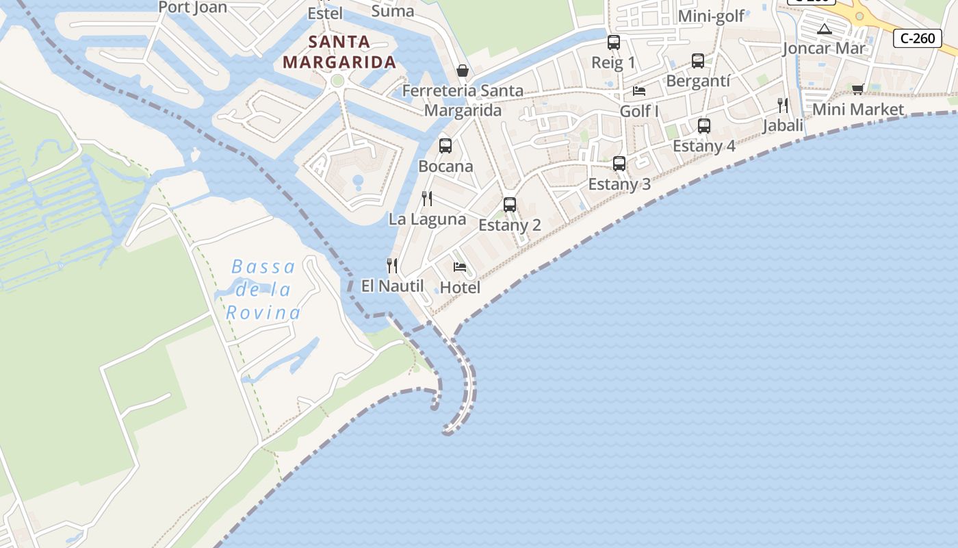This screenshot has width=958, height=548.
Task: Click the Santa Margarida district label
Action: pos(339,52)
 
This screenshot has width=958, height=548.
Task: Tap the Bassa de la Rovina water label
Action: pos(263,290)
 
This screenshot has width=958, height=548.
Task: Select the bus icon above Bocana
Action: pos(445,145)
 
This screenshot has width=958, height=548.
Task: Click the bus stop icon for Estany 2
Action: pos(510,204)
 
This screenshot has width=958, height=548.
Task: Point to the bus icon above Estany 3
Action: pos(619,163)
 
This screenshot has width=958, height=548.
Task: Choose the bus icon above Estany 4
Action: pos(704,125)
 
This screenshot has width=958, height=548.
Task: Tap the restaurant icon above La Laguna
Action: pos(427,199)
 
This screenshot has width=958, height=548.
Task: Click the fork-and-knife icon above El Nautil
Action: pos(392,265)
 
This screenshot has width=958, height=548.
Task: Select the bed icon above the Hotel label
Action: pos(460,266)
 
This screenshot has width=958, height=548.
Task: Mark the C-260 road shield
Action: pos(918,38)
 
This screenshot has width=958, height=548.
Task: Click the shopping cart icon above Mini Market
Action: pos(858,89)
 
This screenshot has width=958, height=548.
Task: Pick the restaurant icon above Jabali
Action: pos(783,105)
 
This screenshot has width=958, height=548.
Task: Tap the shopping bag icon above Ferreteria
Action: pos(463,71)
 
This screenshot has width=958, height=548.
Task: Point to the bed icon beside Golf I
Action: pos(639,90)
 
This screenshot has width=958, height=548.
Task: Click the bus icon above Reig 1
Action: pos(614,42)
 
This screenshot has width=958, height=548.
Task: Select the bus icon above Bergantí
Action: pos(698,60)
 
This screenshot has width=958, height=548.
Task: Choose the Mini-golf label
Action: pos(711,16)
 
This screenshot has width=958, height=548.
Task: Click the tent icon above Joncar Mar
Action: pos(825,29)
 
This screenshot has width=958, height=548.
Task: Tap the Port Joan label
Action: pos(192,8)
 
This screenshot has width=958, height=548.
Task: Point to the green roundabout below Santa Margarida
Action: pos(337,81)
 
